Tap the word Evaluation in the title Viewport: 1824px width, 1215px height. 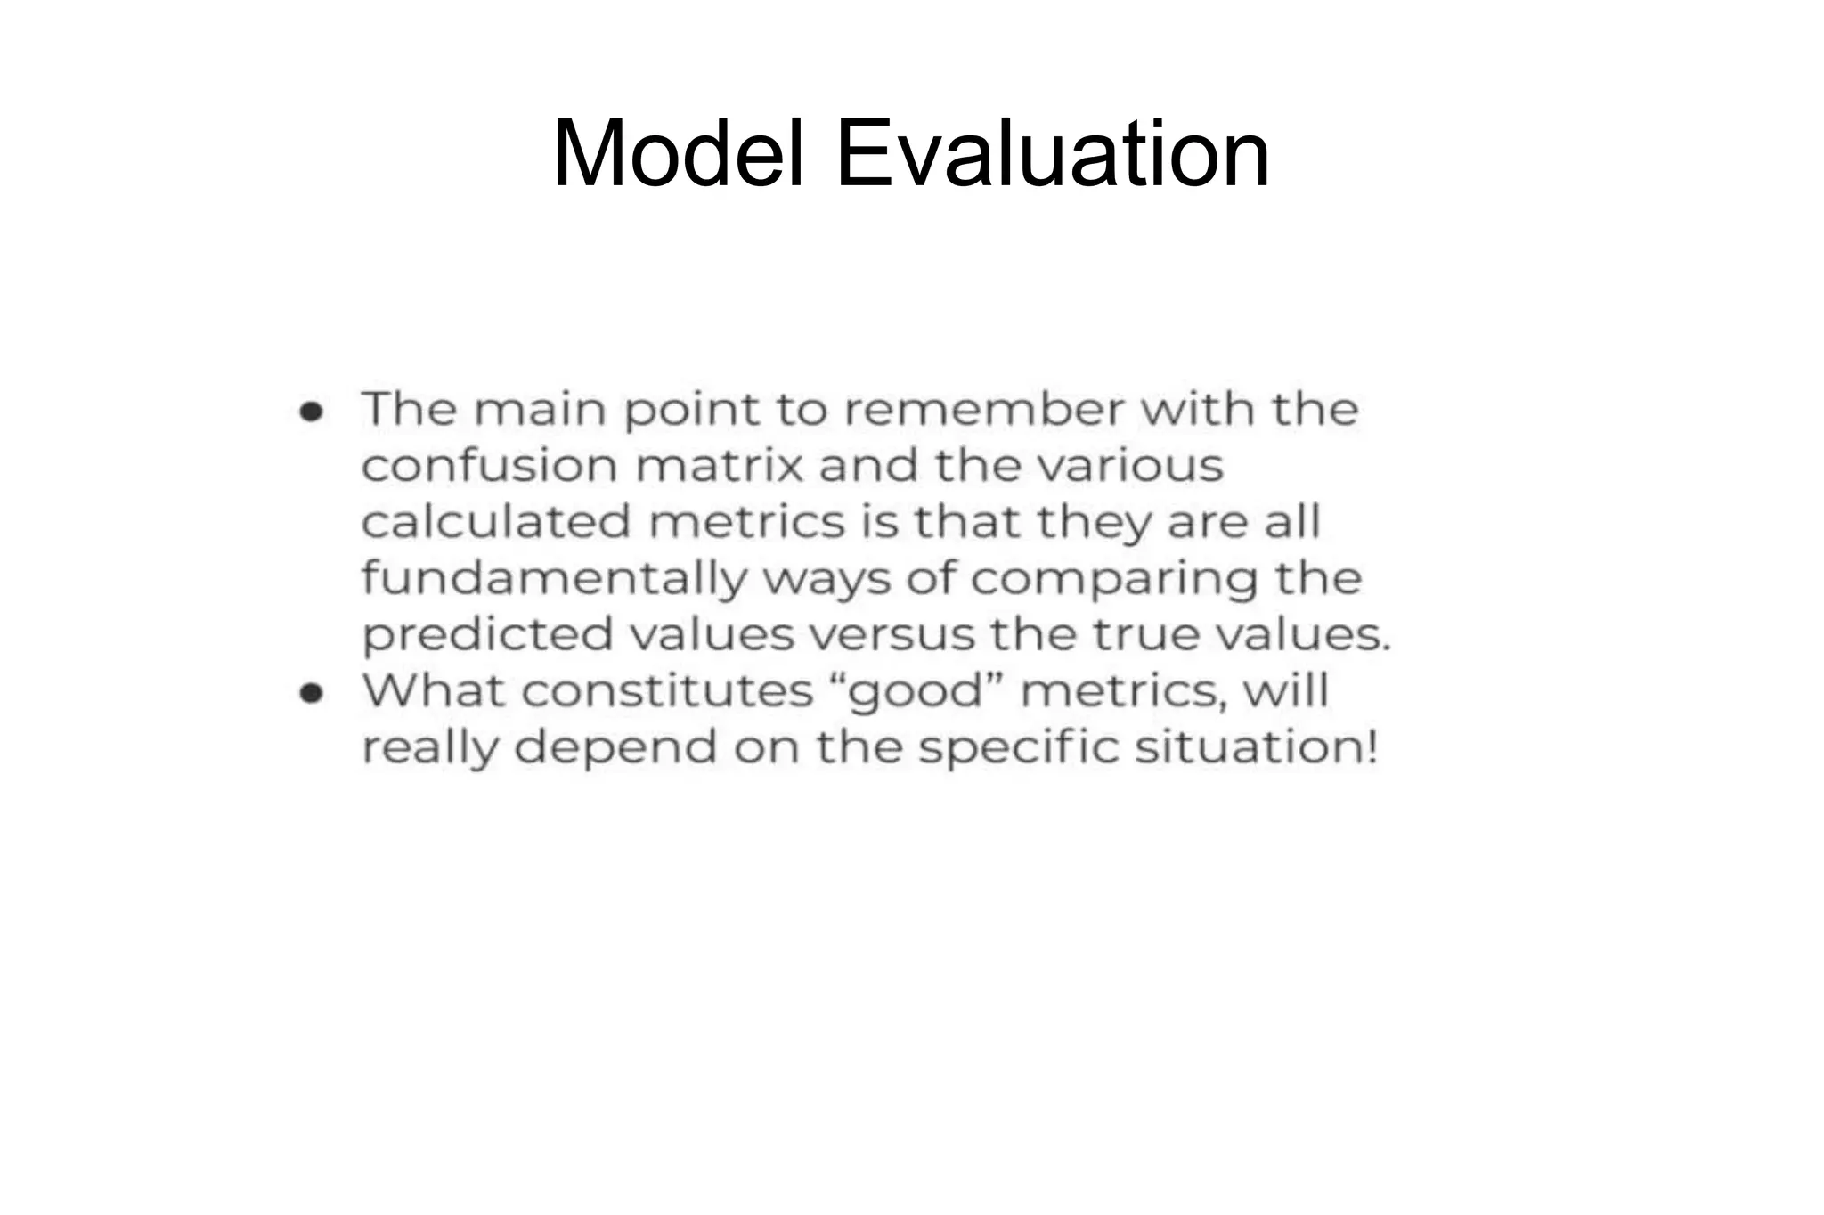[x=1053, y=154]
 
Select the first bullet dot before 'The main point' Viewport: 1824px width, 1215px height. [x=311, y=412]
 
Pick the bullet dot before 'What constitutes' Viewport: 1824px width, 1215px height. [x=311, y=693]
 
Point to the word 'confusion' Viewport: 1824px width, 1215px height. [x=489, y=466]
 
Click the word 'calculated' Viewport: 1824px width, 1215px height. [x=496, y=523]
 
